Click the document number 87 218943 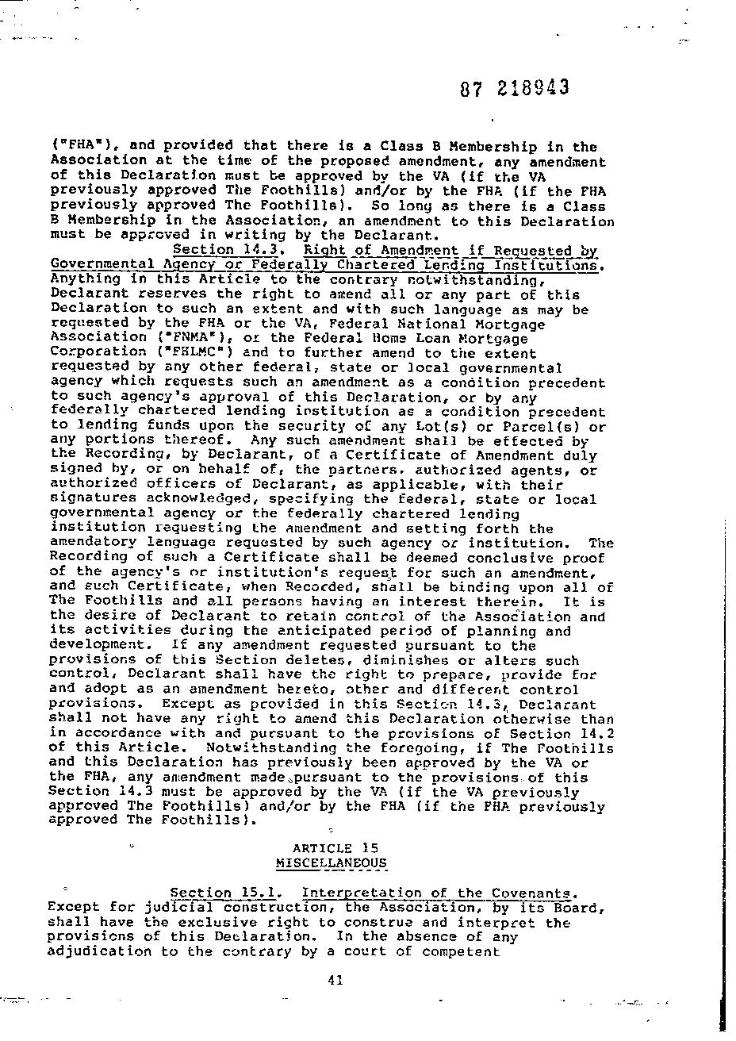[x=514, y=87]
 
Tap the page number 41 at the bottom [x=334, y=980]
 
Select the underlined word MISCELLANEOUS [x=332, y=862]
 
